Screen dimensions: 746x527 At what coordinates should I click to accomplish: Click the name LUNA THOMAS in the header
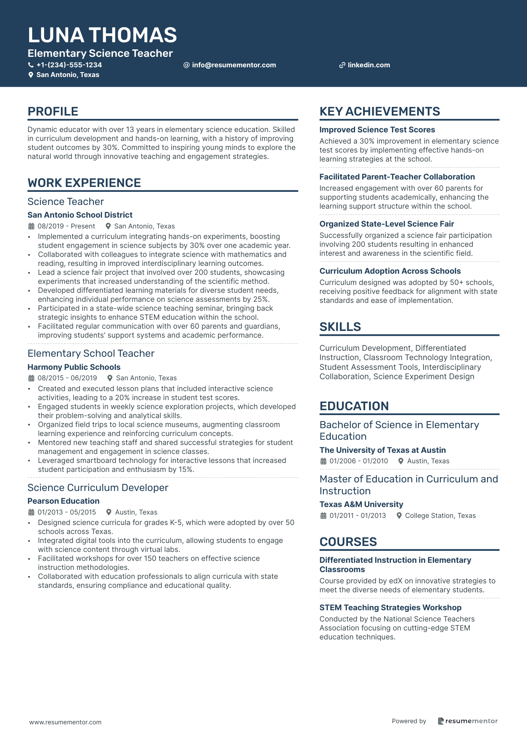(102, 35)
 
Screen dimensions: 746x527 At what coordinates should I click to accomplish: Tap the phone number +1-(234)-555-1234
(69, 65)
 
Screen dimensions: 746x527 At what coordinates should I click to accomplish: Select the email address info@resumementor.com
(234, 65)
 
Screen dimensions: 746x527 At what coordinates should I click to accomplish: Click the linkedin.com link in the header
(369, 65)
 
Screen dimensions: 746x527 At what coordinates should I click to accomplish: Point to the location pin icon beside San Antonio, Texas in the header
(31, 75)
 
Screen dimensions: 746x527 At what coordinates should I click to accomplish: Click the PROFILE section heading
(53, 111)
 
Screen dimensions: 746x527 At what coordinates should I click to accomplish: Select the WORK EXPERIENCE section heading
(84, 183)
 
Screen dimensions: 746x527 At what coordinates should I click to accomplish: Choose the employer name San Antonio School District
(80, 215)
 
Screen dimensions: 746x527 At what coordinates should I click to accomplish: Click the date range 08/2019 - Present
(66, 226)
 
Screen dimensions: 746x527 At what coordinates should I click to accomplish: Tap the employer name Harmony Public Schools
(74, 367)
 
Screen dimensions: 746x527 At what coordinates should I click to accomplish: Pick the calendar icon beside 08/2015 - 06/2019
(31, 378)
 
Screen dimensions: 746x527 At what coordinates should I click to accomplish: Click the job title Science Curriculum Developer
(98, 488)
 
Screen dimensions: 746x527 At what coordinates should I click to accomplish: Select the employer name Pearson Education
(64, 501)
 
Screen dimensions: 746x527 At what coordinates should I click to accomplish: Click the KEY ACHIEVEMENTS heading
(380, 111)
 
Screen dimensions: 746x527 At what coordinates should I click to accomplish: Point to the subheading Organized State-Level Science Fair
(386, 224)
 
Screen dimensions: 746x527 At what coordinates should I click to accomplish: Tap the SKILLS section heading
(340, 327)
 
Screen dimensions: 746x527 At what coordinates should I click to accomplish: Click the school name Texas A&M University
(361, 504)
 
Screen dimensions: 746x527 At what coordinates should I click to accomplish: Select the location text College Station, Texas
(440, 516)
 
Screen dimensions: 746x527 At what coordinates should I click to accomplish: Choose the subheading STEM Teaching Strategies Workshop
(390, 608)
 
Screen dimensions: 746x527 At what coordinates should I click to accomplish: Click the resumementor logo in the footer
(468, 721)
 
